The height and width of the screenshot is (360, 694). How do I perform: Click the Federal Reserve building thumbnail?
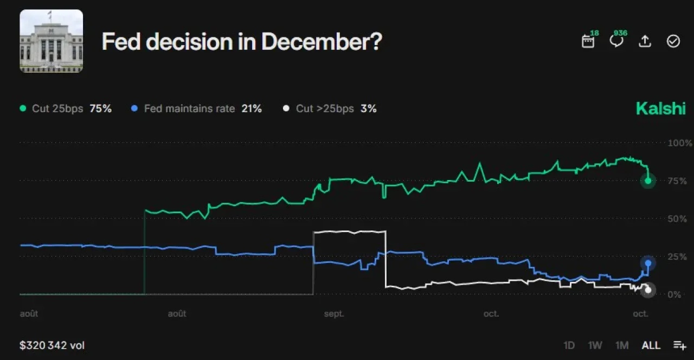(x=51, y=41)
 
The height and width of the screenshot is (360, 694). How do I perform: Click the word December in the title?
(x=322, y=42)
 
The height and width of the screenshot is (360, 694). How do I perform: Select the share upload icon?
(x=645, y=41)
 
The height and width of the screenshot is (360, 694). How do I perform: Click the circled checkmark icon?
(x=673, y=41)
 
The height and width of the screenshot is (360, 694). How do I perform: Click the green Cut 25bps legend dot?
(x=23, y=108)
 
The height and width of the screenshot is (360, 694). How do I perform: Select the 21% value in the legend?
(x=252, y=108)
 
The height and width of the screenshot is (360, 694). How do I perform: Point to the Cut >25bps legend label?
(x=325, y=108)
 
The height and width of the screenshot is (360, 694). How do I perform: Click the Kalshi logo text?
(x=661, y=108)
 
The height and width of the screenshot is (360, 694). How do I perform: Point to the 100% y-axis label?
(x=679, y=143)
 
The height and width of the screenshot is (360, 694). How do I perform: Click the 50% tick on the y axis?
(x=677, y=218)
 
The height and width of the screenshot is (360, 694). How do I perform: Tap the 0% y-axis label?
(x=674, y=294)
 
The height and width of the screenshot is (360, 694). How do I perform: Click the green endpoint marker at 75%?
(x=648, y=181)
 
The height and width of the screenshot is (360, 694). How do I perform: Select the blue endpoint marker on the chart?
(x=648, y=263)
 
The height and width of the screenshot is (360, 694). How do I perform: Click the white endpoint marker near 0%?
(x=648, y=290)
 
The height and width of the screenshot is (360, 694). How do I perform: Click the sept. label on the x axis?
(x=334, y=313)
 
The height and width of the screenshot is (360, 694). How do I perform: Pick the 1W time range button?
(x=595, y=345)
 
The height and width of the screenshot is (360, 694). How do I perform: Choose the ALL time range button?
(x=651, y=345)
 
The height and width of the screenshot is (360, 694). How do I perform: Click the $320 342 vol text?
(x=52, y=345)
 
